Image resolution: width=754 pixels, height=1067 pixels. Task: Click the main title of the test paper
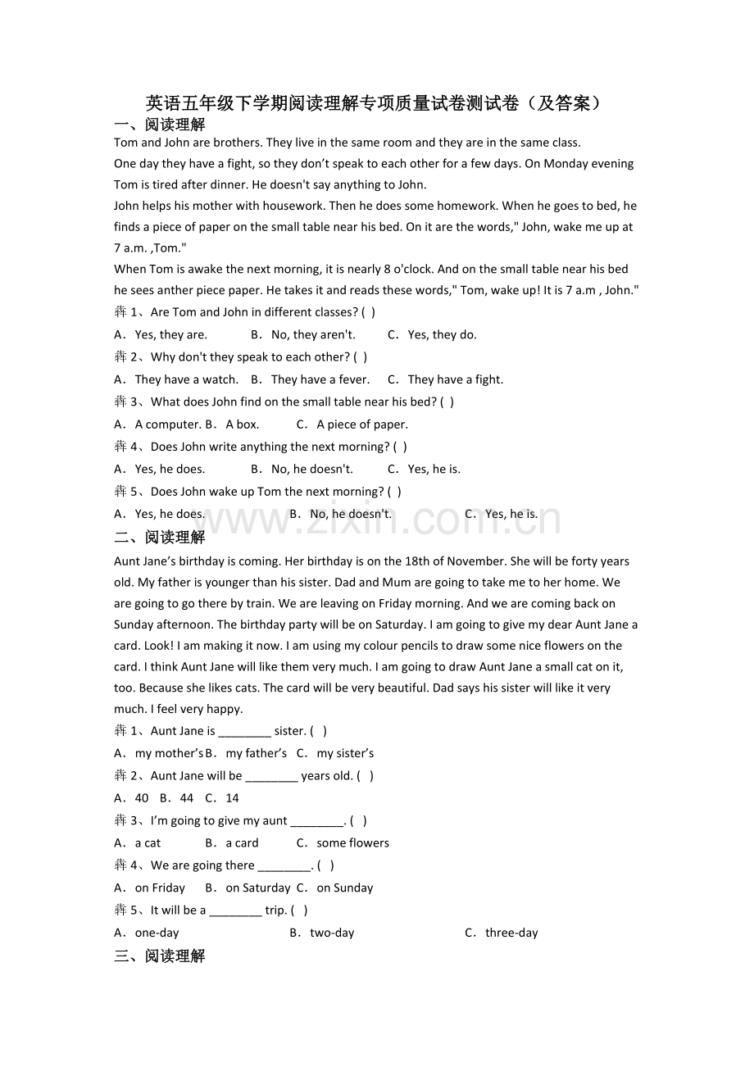coord(376,103)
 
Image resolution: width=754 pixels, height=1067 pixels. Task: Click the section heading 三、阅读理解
coord(160,956)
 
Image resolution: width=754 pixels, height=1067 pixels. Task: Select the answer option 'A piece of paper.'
coord(361,425)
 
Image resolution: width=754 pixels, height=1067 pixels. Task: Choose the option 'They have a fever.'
coord(320,379)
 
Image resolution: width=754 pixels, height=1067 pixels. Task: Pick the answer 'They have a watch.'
coord(186,379)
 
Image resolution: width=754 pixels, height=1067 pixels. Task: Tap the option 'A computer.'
coord(167,425)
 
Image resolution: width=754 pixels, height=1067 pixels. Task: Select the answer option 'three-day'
coord(511,933)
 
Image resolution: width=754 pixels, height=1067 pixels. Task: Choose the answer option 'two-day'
coord(332,933)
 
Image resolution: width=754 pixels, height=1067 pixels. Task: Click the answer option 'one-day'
coord(157,933)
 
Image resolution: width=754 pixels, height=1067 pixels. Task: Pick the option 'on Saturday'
coord(257,888)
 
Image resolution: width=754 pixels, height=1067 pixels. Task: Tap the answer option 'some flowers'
coord(352,842)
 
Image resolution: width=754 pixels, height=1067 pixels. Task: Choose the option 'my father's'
coord(256,753)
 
